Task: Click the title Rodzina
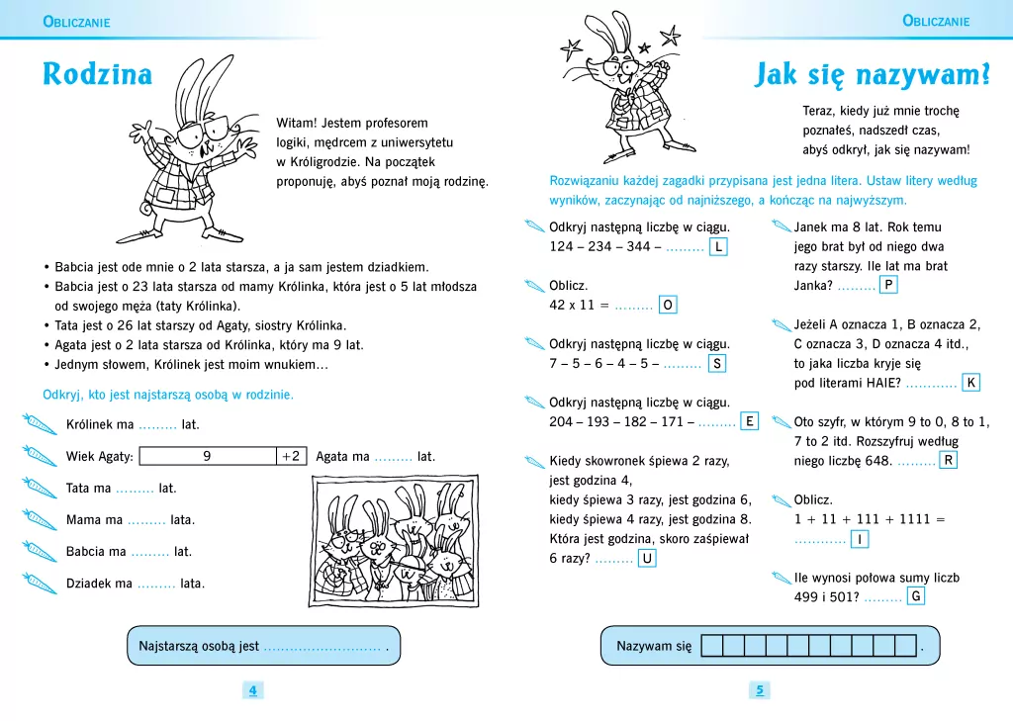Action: click(98, 75)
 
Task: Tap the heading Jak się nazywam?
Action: click(874, 75)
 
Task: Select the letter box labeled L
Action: click(718, 246)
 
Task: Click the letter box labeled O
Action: click(668, 306)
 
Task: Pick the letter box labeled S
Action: click(716, 364)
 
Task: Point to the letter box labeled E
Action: click(750, 422)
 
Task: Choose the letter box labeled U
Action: click(647, 559)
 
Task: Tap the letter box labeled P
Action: click(888, 286)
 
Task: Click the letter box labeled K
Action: click(971, 383)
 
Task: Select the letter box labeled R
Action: click(948, 461)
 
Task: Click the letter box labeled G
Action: click(916, 596)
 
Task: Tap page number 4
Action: click(252, 690)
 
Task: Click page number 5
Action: click(760, 690)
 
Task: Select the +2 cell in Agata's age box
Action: click(291, 456)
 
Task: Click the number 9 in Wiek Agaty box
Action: click(207, 456)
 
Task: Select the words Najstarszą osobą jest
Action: click(199, 647)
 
